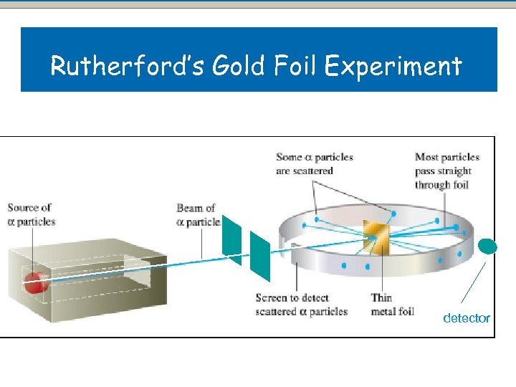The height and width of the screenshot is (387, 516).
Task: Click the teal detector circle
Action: coord(487,247)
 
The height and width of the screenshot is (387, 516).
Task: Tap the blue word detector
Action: coord(467,317)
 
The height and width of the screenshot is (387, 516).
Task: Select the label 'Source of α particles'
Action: coord(31,214)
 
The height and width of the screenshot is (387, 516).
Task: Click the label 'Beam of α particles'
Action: coord(198,215)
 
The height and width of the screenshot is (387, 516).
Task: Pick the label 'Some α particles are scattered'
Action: coord(314,163)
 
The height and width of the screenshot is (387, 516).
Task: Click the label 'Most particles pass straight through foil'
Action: coord(446,171)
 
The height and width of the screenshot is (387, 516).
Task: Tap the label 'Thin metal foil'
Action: coord(392,304)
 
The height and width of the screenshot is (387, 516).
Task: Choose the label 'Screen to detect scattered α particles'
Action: coord(301,304)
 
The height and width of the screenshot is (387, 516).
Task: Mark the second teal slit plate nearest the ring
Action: coord(259,254)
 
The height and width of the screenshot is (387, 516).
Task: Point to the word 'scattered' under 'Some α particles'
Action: coord(312,171)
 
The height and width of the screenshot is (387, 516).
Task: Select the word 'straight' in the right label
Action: coord(453,171)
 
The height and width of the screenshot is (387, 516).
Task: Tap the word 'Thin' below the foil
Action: coord(381,297)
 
